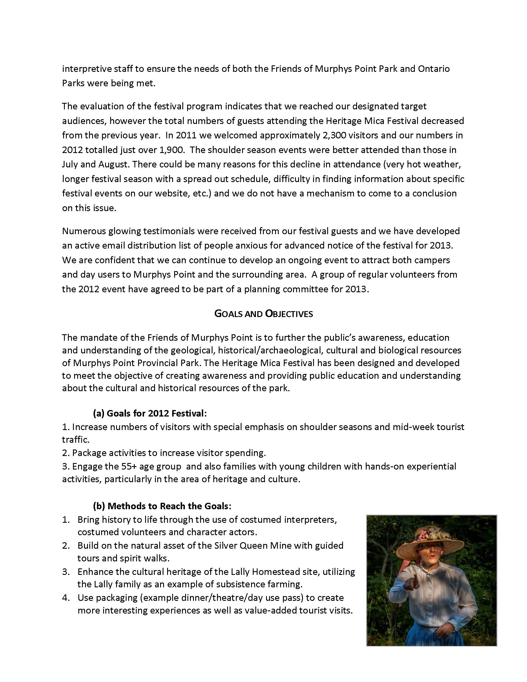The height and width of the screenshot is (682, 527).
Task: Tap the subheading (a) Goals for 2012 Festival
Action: [x=150, y=413]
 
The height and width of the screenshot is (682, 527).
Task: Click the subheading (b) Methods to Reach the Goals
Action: [x=162, y=506]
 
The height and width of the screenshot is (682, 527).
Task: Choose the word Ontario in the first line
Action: [x=434, y=69]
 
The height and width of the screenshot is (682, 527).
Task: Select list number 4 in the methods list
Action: [x=66, y=598]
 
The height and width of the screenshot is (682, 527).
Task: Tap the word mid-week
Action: [x=412, y=427]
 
